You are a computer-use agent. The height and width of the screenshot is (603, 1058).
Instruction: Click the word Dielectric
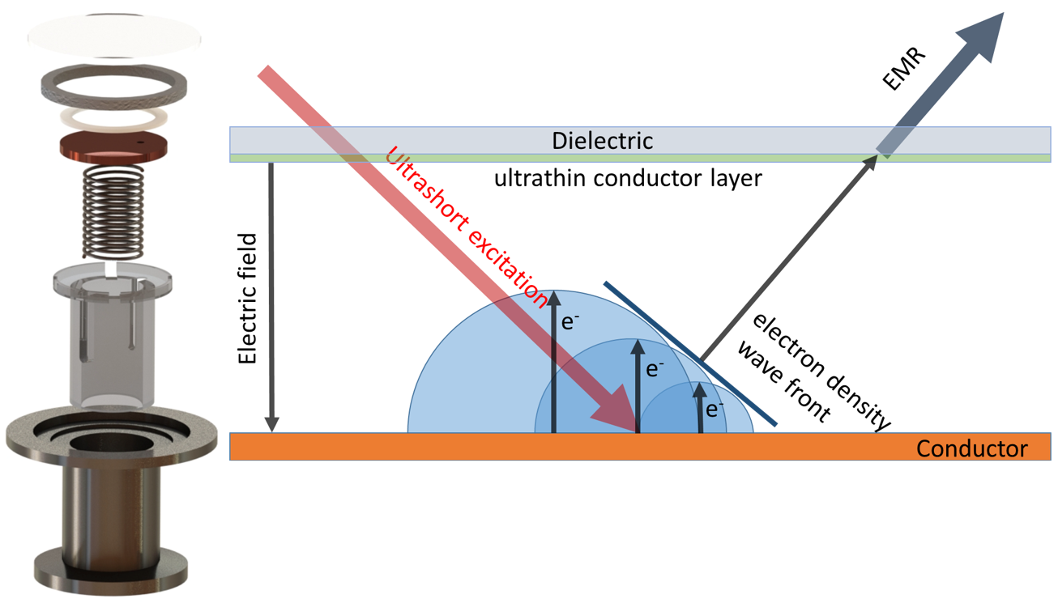[x=602, y=141]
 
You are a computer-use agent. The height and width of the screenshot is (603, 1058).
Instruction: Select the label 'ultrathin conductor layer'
[x=628, y=178]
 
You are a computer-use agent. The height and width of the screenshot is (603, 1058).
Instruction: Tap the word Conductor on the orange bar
[x=971, y=448]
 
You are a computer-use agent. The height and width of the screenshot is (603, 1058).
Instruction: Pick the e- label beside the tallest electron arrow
[x=570, y=322]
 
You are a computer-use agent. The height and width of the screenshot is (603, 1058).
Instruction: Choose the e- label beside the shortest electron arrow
[x=714, y=410]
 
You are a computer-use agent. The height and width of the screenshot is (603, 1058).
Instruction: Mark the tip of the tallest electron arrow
[x=554, y=298]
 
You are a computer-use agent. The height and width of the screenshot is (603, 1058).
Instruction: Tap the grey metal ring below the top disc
[x=114, y=83]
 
